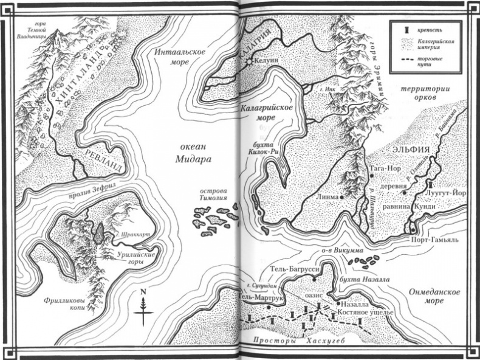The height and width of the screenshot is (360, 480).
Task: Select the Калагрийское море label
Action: click(x=264, y=112)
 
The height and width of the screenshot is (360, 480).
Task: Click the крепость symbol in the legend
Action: click(x=402, y=29)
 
